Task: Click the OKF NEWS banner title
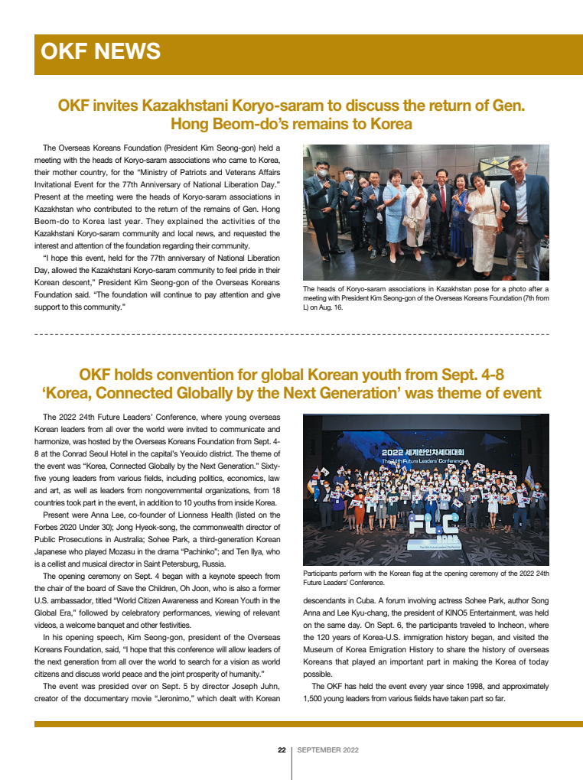[x=100, y=52]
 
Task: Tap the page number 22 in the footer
[x=281, y=750]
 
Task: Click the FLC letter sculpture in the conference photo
[x=424, y=529]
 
